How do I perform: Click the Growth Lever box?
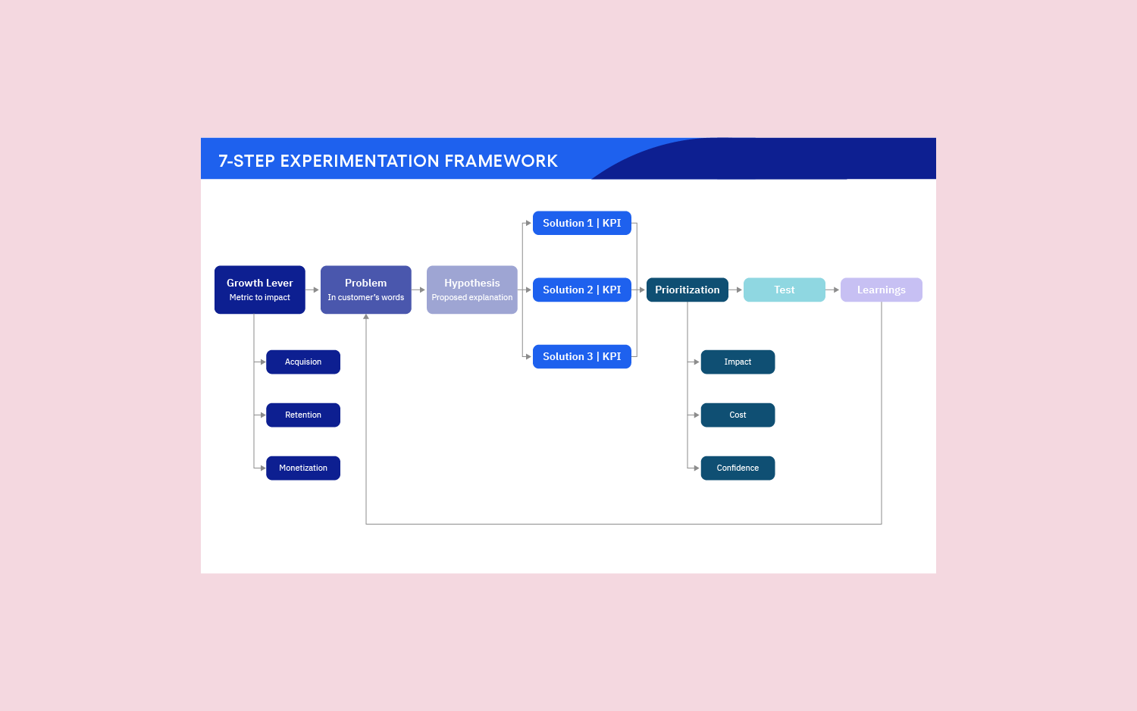[259, 289]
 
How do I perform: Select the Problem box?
[365, 289]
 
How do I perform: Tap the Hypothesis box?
[471, 289]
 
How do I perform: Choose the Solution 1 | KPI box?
[581, 223]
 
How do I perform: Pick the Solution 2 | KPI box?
[581, 290]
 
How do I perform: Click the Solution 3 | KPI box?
[581, 356]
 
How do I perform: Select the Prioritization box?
[687, 290]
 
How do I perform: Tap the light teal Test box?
[784, 290]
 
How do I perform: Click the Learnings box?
[881, 290]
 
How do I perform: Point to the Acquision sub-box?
[302, 362]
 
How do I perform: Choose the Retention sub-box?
[302, 415]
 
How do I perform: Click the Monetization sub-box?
[302, 468]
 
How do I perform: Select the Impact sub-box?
[738, 362]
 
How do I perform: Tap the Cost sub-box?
[738, 415]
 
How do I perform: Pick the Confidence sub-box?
[738, 468]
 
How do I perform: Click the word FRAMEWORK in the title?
[501, 161]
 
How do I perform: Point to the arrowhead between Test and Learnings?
[836, 290]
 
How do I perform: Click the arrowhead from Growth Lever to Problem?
[316, 290]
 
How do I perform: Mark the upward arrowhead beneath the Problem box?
[366, 317]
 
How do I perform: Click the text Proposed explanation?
[471, 298]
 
